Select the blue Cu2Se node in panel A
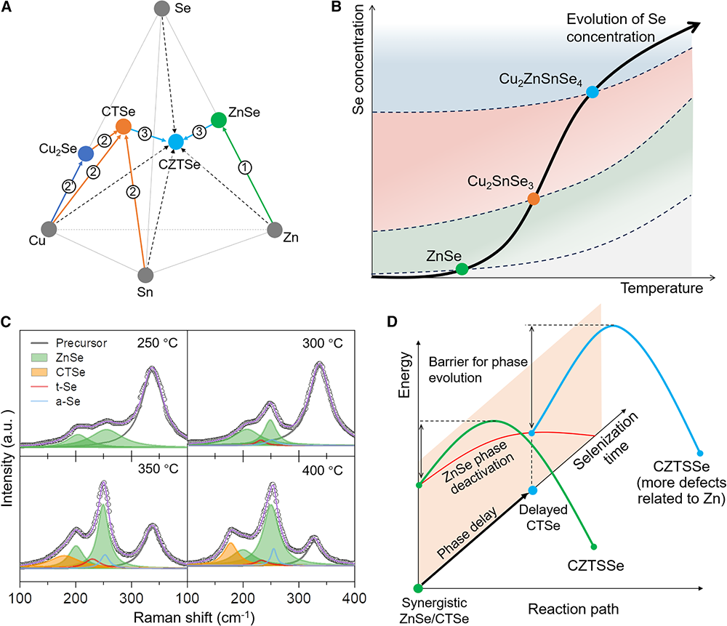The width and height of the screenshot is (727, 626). tap(86, 153)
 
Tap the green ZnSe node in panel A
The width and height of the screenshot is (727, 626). tap(218, 119)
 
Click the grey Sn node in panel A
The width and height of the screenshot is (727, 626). tap(145, 276)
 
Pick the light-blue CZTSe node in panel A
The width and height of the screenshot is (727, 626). tap(175, 141)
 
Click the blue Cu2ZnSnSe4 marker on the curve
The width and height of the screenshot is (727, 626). tap(593, 92)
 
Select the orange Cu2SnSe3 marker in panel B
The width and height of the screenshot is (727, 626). tap(533, 198)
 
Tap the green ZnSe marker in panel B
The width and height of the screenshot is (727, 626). tap(462, 269)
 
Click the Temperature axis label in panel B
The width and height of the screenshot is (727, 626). tap(662, 289)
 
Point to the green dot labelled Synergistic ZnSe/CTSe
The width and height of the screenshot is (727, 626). tap(418, 588)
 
